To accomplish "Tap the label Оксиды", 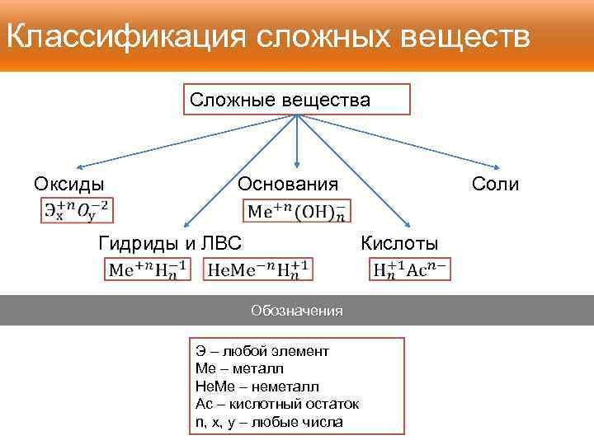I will [69, 183].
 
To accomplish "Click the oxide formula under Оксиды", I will [77, 210].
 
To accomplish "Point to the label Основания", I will [288, 183].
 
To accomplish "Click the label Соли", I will [495, 183].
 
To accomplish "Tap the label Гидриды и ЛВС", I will [169, 242].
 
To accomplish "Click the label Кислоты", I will [400, 242].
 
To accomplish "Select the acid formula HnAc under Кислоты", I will [410, 269].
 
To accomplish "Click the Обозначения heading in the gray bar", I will [296, 311].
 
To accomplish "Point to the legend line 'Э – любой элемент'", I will [262, 351].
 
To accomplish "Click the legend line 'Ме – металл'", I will [239, 368].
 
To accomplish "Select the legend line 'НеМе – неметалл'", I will [257, 386].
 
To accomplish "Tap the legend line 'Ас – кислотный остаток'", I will [277, 404].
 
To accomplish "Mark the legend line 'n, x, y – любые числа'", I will [269, 422].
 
